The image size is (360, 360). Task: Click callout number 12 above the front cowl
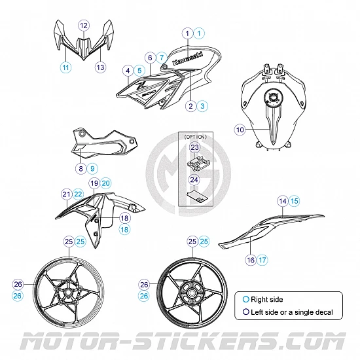pos(84,26)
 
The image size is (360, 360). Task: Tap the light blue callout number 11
pos(66,67)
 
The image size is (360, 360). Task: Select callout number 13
pos(101,67)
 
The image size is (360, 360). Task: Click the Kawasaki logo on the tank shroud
pos(188,58)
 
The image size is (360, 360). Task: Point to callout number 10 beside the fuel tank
pos(240,130)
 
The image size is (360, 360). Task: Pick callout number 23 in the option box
pos(194,147)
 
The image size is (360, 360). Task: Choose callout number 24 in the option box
pos(194,179)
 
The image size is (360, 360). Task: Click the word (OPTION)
pos(196,137)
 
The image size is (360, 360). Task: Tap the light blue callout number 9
pos(92,169)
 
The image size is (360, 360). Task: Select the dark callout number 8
pos(81,169)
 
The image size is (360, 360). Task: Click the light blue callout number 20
pos(105,183)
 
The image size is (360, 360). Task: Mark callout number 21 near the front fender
pos(67,194)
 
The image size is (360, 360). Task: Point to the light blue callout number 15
pos(294,201)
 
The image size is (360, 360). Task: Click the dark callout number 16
pos(251,260)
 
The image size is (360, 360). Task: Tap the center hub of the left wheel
pos(67,293)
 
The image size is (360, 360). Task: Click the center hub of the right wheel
pos(192,293)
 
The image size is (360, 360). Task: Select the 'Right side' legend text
pos(267,299)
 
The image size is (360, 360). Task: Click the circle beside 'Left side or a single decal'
pos(246,312)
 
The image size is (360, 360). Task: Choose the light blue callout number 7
pos(162,58)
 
